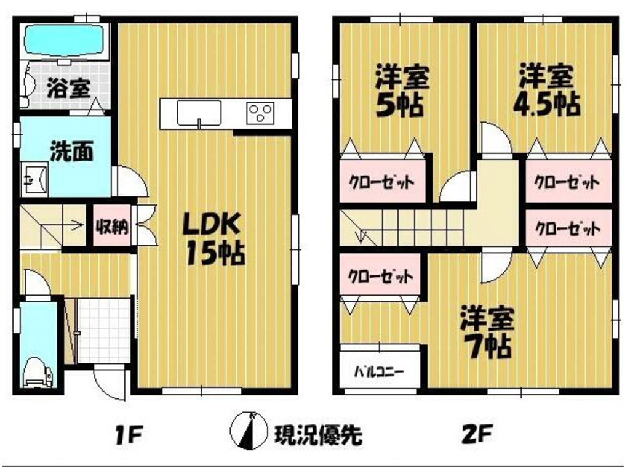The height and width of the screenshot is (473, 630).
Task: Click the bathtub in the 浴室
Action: tap(64, 41)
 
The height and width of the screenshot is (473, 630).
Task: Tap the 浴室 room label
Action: tap(69, 88)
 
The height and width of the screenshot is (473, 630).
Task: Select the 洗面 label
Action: tap(71, 152)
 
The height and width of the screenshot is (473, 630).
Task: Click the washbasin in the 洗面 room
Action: tap(34, 179)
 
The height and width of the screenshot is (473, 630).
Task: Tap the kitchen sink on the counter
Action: tap(199, 113)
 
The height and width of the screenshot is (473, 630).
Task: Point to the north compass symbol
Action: tap(249, 431)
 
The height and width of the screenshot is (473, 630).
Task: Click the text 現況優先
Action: tap(318, 434)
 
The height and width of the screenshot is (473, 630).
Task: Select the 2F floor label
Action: tap(477, 434)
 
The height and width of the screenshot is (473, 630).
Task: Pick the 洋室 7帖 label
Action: tap(487, 332)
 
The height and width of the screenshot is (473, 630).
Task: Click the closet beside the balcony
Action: tap(380, 275)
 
